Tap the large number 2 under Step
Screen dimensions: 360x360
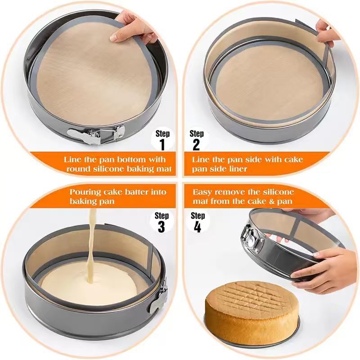tap(196, 144)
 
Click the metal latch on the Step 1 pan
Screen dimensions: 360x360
tap(95, 134)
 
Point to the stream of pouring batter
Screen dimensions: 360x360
tap(92, 243)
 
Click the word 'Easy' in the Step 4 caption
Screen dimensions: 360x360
tap(202, 192)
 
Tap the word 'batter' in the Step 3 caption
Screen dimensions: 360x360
tap(137, 192)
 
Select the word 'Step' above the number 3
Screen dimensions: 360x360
tap(162, 216)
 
